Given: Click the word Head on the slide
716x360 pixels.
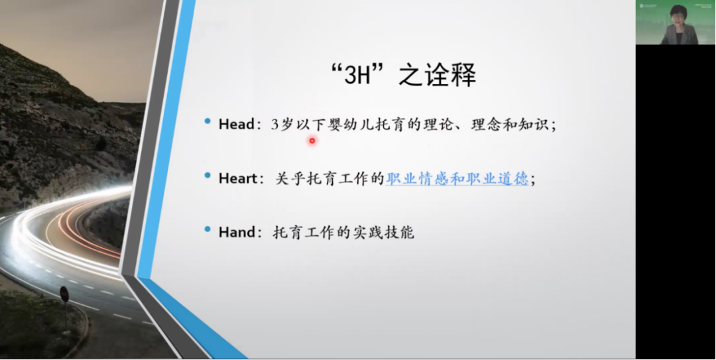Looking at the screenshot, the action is [236, 124].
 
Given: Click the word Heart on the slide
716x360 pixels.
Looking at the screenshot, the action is [238, 178].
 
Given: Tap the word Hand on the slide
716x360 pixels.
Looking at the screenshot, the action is [236, 232].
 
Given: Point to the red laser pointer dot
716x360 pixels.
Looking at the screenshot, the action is [312, 141].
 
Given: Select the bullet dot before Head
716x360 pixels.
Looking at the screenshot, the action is [208, 121].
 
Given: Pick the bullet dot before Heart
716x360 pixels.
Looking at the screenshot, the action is [208, 175].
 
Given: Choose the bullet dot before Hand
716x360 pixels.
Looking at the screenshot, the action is [208, 229].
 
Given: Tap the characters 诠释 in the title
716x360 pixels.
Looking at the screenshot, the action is [457, 74].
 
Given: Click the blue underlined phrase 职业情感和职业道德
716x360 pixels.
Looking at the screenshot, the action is [457, 178].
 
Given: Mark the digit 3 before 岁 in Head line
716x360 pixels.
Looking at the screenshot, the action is [274, 124].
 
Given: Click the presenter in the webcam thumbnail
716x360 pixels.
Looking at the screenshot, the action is [680, 27].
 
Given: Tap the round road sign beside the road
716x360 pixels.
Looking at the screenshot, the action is [64, 294].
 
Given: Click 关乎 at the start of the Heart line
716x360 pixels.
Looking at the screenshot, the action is [290, 178].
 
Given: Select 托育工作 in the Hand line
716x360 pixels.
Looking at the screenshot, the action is [304, 232].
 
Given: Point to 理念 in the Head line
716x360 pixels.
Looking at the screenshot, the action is [486, 124].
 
